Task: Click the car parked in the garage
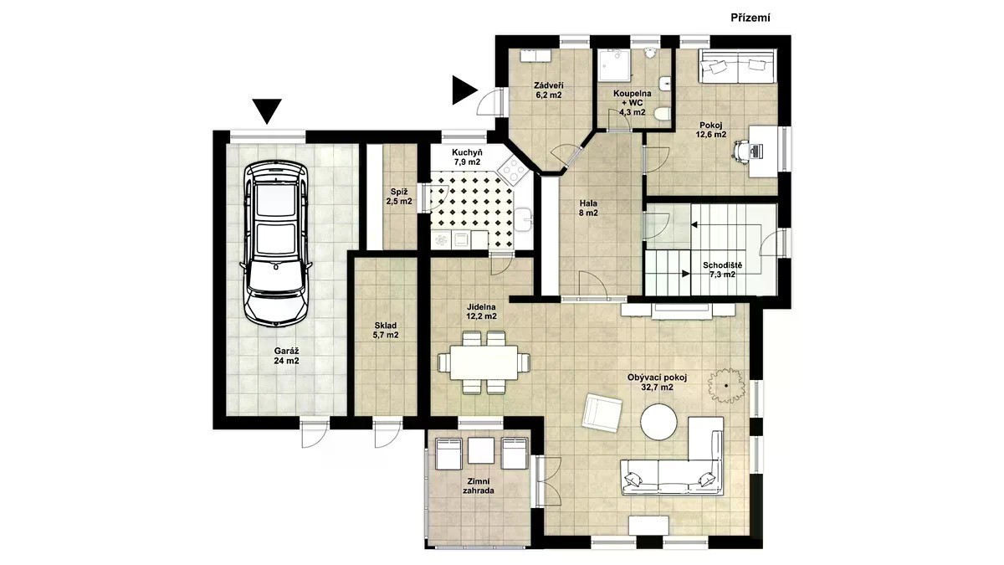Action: click(275, 244)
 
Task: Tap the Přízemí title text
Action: click(750, 18)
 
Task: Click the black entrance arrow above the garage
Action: click(267, 111)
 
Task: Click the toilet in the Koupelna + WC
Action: click(662, 114)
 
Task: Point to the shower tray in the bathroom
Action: click(613, 65)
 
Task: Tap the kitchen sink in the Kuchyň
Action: click(524, 219)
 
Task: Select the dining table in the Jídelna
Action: click(484, 362)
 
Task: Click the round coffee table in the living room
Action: click(658, 422)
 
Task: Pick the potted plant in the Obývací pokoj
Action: click(725, 386)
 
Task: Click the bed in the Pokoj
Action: click(737, 66)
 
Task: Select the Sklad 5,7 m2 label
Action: click(386, 331)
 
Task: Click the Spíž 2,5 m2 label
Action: click(399, 197)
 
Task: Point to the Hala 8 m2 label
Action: click(588, 208)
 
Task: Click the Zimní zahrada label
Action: click(479, 485)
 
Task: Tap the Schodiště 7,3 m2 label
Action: click(722, 270)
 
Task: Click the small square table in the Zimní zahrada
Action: click(480, 450)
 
